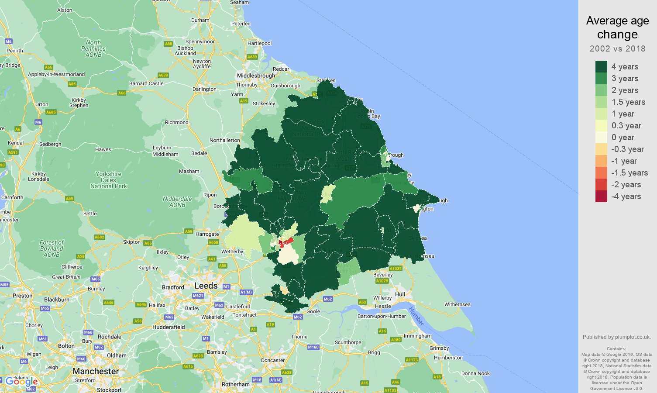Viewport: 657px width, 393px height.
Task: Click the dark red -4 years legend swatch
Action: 601,196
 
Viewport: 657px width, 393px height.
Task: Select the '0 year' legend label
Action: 623,138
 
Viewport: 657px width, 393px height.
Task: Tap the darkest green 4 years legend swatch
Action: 601,67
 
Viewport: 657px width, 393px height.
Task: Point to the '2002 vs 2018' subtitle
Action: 617,48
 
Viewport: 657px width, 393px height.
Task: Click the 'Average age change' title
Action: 617,28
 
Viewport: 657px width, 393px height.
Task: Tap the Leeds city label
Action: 206,286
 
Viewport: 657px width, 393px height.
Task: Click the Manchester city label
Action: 96,371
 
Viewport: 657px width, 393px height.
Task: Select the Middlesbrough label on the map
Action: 256,76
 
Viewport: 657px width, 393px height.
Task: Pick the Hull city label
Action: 400,294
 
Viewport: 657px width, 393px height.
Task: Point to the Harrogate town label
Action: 207,234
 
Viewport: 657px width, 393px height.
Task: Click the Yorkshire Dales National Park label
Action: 109,180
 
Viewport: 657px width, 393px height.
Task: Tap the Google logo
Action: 21,381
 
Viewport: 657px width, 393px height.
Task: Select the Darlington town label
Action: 204,89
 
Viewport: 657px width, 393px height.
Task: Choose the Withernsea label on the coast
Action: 457,304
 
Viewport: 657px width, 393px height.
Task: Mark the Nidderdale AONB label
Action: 177,202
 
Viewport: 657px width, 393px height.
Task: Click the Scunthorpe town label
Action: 348,342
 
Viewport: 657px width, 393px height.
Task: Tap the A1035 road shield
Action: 395,269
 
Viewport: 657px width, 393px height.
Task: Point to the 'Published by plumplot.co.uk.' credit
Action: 616,337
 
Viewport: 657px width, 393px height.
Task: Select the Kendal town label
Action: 16,143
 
